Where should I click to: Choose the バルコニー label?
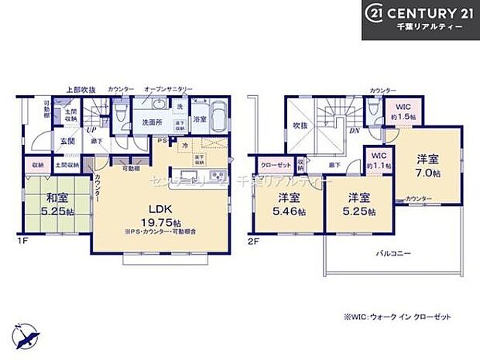[x=394, y=253]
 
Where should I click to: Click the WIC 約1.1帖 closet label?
[x=378, y=159]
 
